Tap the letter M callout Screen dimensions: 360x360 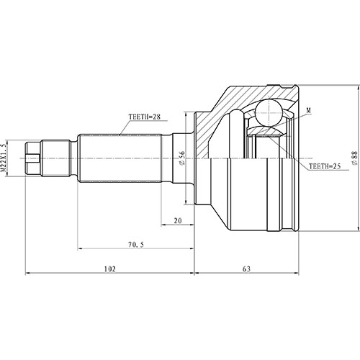point(307,110)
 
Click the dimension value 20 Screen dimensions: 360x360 point(177,222)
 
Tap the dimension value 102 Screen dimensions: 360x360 point(109,268)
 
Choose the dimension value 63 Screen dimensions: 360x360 point(246,268)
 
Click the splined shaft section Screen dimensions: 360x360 point(122,158)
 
